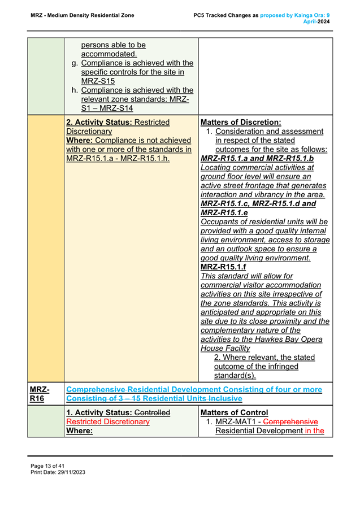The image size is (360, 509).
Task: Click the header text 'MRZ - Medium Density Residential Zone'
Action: pyautogui.click(x=83, y=15)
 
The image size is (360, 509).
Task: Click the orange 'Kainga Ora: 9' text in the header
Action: pyautogui.click(x=311, y=15)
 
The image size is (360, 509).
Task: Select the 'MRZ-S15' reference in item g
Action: pyautogui.click(x=98, y=81)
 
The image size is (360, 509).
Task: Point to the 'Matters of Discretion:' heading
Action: pyautogui.click(x=241, y=122)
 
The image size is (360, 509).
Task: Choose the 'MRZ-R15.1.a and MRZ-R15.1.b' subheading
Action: pyautogui.click(x=257, y=158)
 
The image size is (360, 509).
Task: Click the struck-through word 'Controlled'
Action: pyautogui.click(x=151, y=413)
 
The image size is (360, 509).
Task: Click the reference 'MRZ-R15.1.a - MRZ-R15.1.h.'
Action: pyautogui.click(x=118, y=158)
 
